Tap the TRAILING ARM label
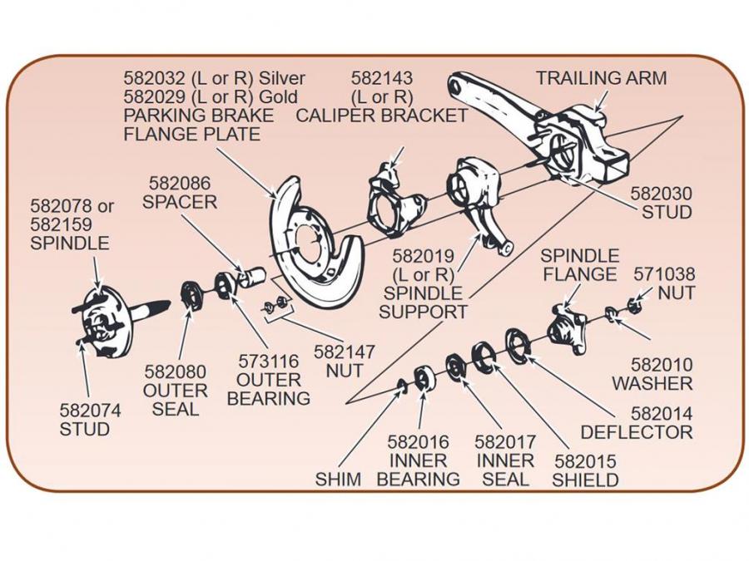[x=601, y=78]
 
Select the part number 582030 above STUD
[x=661, y=193]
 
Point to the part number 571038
[x=664, y=273]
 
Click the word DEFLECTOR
[x=637, y=432]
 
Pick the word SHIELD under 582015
[x=585, y=480]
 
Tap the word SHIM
[x=338, y=480]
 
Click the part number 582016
[x=419, y=442]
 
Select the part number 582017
[x=505, y=442]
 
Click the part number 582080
[x=176, y=372]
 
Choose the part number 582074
[x=90, y=410]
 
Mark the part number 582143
[x=382, y=78]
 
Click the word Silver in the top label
[x=282, y=78]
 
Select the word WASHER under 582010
[x=652, y=384]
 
